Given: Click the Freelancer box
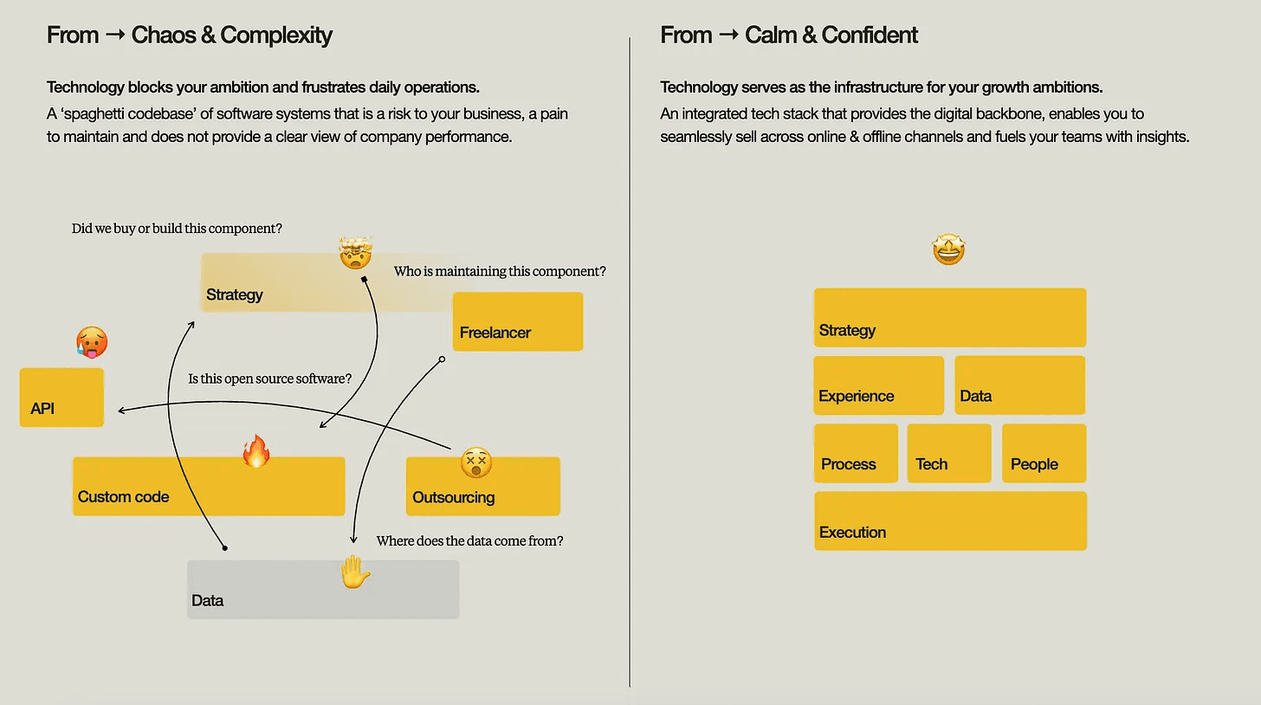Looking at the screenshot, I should click(x=518, y=321).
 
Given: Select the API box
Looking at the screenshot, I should click(x=61, y=398).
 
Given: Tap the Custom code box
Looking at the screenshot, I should click(x=209, y=487).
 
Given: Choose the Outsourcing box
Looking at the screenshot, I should click(x=483, y=487).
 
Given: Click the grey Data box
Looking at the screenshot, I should click(x=323, y=590).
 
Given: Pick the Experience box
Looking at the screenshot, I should click(x=878, y=385).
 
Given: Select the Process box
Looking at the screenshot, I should click(x=856, y=453).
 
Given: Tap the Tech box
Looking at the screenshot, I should click(x=949, y=453).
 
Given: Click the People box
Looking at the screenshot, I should click(x=1044, y=453).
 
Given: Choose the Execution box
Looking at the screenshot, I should click(x=950, y=521).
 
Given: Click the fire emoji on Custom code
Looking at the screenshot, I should click(x=256, y=451).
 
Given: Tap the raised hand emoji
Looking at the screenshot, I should click(x=354, y=572).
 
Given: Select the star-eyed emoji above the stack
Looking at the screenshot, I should click(x=948, y=250).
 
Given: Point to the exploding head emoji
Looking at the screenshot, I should click(x=355, y=254).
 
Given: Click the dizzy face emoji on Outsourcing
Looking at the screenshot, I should click(x=475, y=462).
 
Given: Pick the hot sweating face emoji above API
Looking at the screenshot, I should click(x=92, y=343).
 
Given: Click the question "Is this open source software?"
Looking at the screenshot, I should click(x=270, y=378).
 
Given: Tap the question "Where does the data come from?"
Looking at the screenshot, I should click(x=469, y=541).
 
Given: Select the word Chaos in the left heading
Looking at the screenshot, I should click(x=163, y=36).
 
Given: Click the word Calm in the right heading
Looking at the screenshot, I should click(x=769, y=36).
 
